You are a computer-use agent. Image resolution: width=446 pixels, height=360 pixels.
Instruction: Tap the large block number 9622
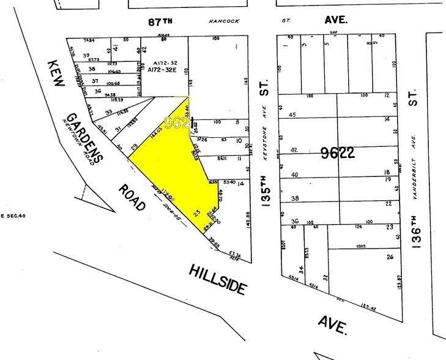click(337, 153)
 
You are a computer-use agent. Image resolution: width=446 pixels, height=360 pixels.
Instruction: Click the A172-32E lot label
click(162, 70)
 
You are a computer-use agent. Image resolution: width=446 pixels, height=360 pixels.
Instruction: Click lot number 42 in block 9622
click(294, 149)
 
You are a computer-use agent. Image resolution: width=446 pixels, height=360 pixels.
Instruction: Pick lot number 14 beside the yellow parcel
click(241, 183)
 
